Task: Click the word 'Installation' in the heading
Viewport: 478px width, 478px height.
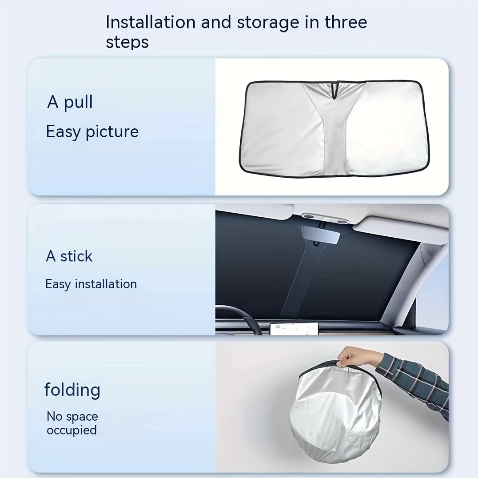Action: [x=151, y=22]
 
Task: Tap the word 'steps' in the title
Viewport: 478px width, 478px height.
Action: [x=127, y=42]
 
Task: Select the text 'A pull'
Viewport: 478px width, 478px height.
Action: [x=70, y=102]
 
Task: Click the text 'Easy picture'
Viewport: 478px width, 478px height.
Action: [x=92, y=132]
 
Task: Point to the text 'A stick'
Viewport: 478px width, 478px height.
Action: [x=69, y=256]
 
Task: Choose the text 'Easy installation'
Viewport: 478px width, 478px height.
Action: [x=91, y=284]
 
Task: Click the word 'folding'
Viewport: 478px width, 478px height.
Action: [x=72, y=390]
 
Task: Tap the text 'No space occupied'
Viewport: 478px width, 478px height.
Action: [x=72, y=423]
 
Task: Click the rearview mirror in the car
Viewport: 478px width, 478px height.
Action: [x=321, y=235]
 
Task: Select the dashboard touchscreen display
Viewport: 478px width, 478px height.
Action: [x=294, y=329]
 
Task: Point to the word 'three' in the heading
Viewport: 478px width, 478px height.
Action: [x=346, y=22]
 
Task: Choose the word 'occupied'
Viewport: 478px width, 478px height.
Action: [x=72, y=430]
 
